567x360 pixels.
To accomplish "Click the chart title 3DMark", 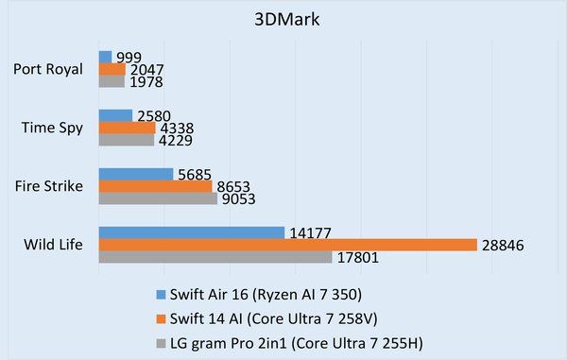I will point(283,20).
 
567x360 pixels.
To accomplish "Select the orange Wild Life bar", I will point(288,245).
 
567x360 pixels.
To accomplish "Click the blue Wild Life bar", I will point(192,232).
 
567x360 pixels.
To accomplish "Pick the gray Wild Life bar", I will point(215,257).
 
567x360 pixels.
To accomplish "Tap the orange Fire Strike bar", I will point(156,186).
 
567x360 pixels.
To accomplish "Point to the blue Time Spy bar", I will point(115,115).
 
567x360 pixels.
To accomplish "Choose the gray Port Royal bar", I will point(112,81).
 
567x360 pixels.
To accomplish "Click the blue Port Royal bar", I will point(105,57).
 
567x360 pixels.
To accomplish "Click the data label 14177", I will point(310,232).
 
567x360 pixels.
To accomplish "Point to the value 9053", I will point(239,198).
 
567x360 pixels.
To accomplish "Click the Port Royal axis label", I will point(49,69).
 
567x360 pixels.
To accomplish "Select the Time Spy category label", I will point(56,128).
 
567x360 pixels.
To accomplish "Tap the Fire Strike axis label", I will point(51,186).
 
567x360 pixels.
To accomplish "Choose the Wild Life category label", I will point(54,245).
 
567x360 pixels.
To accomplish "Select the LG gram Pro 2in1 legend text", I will point(281,337).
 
